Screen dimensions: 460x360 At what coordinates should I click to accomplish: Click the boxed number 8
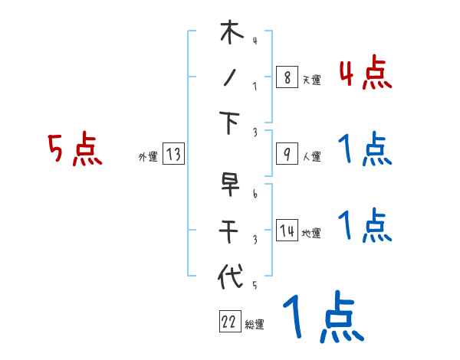pyautogui.click(x=286, y=77)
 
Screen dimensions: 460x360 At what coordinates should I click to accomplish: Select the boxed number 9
pyautogui.click(x=286, y=154)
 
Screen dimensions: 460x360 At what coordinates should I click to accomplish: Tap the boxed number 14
pyautogui.click(x=287, y=231)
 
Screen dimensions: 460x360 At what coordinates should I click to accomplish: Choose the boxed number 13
pyautogui.click(x=172, y=155)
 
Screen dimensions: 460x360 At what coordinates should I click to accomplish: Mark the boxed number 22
pyautogui.click(x=229, y=322)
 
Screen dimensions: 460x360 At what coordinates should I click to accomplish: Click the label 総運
pyautogui.click(x=255, y=325)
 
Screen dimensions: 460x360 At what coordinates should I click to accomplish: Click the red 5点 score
pyautogui.click(x=74, y=149)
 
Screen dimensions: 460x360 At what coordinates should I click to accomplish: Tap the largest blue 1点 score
pyautogui.click(x=322, y=318)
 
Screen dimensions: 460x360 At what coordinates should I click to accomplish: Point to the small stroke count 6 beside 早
pyautogui.click(x=255, y=194)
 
